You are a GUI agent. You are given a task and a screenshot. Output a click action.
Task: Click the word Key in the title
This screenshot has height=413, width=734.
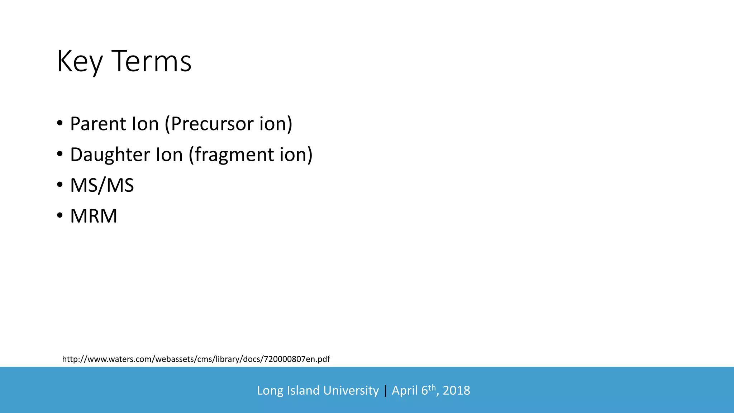coord(80,62)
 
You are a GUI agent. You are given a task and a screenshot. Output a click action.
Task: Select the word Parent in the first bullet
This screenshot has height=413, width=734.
coord(98,124)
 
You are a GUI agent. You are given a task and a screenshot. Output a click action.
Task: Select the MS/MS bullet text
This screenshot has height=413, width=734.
coord(102,186)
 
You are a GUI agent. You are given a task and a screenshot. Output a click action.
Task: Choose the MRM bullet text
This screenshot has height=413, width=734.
coord(94,216)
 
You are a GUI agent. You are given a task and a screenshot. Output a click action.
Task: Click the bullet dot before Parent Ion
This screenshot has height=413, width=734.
coord(60,124)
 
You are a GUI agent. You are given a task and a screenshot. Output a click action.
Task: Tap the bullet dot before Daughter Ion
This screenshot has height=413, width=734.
coord(60,155)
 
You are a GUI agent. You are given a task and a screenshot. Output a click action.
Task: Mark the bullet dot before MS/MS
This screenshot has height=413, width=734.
coord(60,185)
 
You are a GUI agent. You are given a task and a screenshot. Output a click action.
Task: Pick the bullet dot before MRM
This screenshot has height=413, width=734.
coord(60,216)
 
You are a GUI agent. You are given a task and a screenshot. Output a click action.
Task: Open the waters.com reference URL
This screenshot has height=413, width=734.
coord(196,359)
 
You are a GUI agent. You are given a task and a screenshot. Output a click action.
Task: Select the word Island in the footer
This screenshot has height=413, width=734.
coord(304,390)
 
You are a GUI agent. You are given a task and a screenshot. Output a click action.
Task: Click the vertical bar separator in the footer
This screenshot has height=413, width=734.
coord(385,390)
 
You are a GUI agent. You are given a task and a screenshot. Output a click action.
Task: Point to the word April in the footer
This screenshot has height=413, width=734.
coord(405,390)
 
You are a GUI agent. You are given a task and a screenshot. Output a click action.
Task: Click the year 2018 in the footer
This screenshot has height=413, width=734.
coord(456,390)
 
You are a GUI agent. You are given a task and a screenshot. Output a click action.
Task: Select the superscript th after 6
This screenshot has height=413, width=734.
coord(432,387)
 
